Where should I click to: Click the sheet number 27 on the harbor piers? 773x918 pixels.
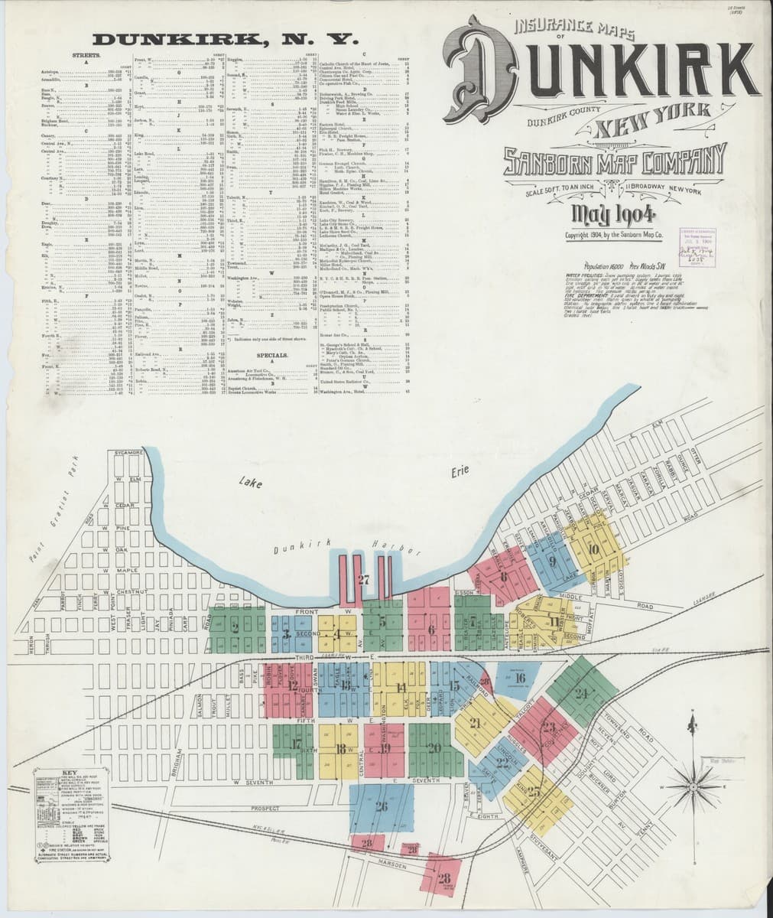tap(363, 580)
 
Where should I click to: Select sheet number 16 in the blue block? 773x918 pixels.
tap(520, 677)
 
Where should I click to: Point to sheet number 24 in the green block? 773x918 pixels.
tap(582, 694)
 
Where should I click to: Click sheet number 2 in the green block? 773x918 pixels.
tap(235, 627)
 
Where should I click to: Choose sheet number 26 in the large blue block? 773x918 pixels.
tap(382, 806)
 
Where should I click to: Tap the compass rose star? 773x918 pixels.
tap(692, 786)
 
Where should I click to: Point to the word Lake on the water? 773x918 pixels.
tap(249, 482)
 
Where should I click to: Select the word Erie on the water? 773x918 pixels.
tap(459, 470)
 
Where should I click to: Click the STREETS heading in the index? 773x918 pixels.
tap(83, 56)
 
